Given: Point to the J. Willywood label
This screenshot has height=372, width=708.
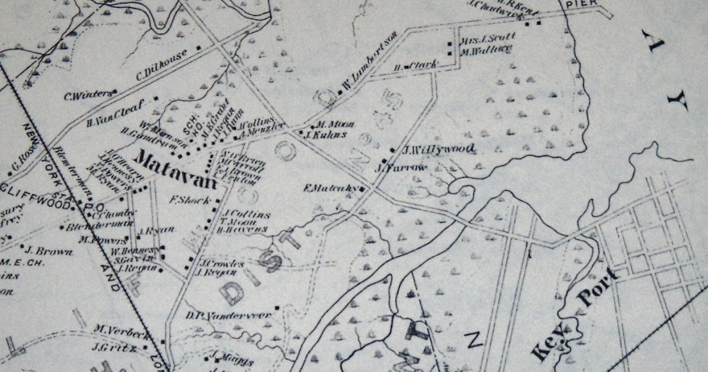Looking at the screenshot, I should tap(439, 149).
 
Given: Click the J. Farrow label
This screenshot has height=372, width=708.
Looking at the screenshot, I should tap(401, 168).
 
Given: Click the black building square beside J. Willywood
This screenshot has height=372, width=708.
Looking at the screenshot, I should tap(392, 150).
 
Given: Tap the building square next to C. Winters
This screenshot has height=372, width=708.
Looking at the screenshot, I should tap(115, 92).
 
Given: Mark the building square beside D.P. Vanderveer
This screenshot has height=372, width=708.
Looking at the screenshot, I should tap(277, 308).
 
